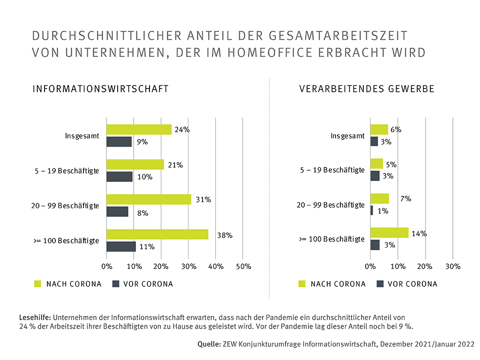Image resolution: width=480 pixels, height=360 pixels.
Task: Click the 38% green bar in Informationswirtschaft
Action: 157,234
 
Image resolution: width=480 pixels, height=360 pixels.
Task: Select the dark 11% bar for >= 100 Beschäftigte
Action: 121,247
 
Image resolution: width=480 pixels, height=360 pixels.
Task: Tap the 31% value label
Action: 203,200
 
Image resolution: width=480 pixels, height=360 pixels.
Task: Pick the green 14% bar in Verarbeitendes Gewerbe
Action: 389,232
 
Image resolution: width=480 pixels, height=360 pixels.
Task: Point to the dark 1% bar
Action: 372,210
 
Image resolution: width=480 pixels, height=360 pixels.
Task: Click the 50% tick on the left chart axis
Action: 243,266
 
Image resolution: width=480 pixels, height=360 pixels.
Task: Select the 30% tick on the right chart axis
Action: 452,266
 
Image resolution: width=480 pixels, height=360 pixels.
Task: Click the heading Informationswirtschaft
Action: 100,89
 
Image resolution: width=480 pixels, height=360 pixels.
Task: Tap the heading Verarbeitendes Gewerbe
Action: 367,89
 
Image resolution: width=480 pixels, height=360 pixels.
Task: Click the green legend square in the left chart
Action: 38,284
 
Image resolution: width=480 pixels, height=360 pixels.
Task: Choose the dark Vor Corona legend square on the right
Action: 380,284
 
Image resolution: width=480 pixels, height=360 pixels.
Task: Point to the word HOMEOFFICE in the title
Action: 278,52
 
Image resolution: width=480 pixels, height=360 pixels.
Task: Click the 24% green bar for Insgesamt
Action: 139,129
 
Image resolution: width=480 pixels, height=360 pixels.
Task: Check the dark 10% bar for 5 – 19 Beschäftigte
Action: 120,176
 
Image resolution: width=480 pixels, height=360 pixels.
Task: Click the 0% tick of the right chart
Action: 370,266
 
